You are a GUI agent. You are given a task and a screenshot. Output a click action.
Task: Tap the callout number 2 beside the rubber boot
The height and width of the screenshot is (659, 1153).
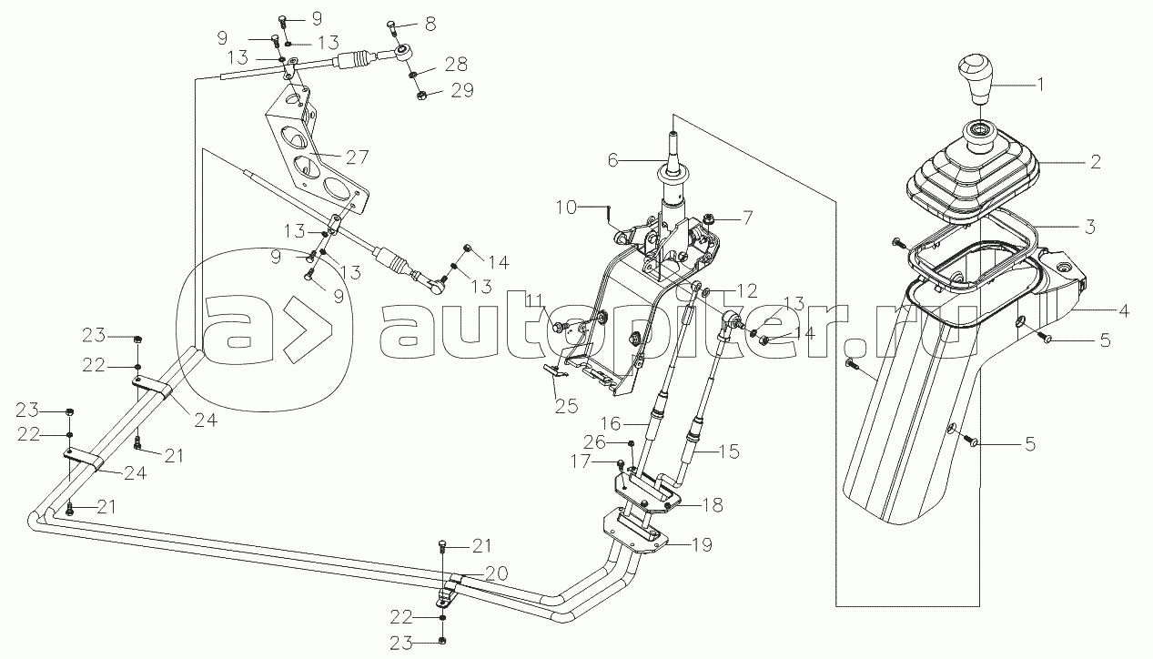pos(1096,162)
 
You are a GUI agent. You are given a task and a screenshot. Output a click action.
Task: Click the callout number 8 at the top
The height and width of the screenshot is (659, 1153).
pos(430,25)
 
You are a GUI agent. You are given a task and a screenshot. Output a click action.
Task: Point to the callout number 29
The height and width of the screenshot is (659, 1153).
pos(461,91)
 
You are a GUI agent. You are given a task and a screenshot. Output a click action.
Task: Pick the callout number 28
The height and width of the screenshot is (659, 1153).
pos(456,65)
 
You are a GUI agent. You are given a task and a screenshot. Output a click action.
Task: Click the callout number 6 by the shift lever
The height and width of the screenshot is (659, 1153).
pos(612,160)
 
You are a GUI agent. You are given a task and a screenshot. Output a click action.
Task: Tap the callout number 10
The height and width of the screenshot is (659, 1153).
pos(565,208)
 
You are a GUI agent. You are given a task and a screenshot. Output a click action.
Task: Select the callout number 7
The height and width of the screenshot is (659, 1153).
pos(746,218)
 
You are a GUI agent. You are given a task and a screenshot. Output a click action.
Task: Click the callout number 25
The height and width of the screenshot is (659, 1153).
pos(566,406)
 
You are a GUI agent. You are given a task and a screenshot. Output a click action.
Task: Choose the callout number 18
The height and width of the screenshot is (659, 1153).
pos(713,505)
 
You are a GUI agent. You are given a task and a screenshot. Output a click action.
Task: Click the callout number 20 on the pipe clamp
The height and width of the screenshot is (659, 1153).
pos(496,573)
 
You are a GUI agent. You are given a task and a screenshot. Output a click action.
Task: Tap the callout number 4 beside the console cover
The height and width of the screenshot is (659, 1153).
pos(1124,310)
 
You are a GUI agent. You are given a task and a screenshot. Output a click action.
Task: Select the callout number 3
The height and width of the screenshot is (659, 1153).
pos(1089,226)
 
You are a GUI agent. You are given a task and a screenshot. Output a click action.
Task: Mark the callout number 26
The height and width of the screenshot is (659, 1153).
pos(595,442)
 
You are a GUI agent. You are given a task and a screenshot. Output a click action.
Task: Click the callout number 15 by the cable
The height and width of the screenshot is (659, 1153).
pos(728,451)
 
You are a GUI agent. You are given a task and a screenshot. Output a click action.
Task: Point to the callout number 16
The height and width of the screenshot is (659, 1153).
pos(611,424)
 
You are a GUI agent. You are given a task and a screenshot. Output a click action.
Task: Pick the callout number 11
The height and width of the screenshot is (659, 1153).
pos(534,299)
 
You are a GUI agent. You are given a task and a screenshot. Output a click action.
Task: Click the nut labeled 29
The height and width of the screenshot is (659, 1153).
pos(420,96)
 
